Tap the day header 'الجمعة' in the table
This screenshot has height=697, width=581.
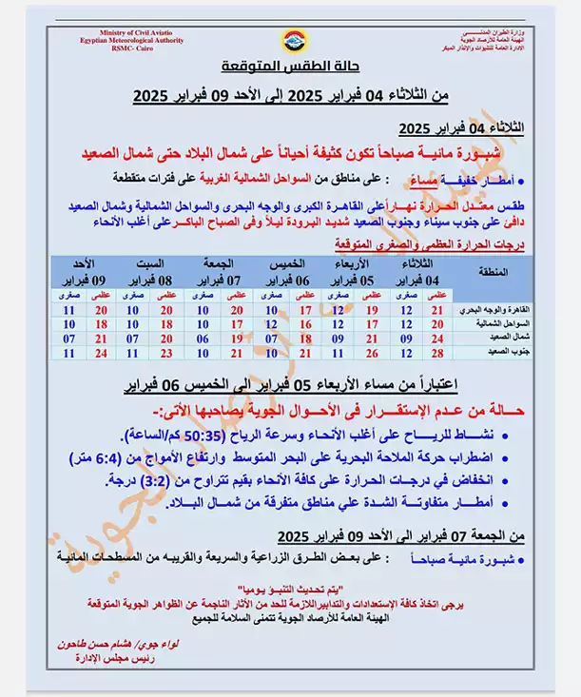click(221, 263)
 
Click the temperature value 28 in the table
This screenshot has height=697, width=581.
click(437, 353)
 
